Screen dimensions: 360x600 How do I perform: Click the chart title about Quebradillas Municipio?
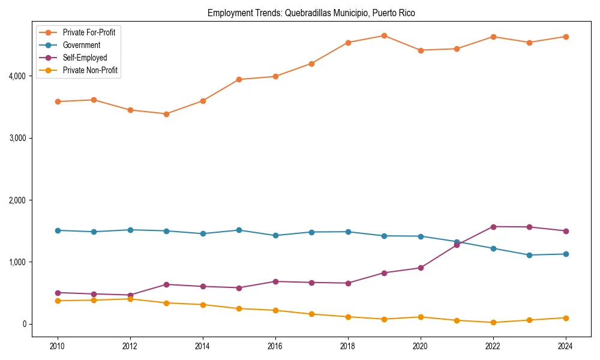pyautogui.click(x=311, y=13)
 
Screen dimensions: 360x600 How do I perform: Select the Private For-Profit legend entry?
pyautogui.click(x=89, y=32)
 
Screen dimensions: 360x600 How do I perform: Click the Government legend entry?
pyautogui.click(x=81, y=45)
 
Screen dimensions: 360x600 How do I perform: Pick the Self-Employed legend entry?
pyautogui.click(x=85, y=58)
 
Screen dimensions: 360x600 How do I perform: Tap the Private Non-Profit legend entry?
pyautogui.click(x=90, y=70)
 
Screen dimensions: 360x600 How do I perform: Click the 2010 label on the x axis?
pyautogui.click(x=58, y=346)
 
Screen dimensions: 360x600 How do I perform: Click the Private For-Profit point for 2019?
pyautogui.click(x=384, y=35)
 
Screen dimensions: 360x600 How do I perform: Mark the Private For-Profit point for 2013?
pyautogui.click(x=166, y=114)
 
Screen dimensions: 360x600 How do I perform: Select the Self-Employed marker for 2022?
pyautogui.click(x=493, y=227)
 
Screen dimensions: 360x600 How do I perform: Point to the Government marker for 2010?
pyautogui.click(x=58, y=230)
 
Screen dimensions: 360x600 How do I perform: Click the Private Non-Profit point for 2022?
pyautogui.click(x=493, y=323)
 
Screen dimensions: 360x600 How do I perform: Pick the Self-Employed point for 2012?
pyautogui.click(x=130, y=295)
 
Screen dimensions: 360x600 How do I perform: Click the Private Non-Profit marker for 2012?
pyautogui.click(x=130, y=299)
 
